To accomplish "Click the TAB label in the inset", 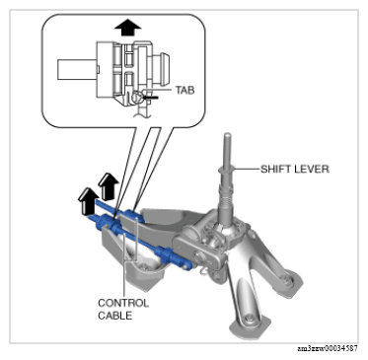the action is (184, 90).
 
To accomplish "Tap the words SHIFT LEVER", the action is (295, 169).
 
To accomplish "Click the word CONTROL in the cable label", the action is (123, 303).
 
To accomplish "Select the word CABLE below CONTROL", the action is (115, 316).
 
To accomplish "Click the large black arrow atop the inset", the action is (127, 27).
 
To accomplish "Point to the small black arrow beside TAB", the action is (151, 98).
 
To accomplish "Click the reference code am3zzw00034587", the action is (328, 349).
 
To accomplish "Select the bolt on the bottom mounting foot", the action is (251, 319).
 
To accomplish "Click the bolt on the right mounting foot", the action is (288, 279).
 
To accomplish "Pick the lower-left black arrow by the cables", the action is (87, 200).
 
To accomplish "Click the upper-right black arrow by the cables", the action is (109, 186).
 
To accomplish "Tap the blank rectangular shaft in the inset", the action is (77, 69).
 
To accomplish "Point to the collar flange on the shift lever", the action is (226, 169).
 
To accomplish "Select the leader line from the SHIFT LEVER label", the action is (247, 169).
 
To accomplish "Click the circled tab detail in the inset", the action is (137, 98).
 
